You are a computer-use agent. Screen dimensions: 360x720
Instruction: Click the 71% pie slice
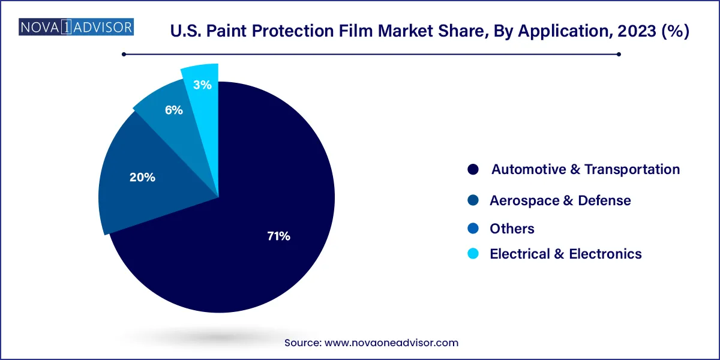(240, 240)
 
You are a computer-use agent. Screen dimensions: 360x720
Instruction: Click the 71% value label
(278, 236)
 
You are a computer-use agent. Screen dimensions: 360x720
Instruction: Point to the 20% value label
(142, 177)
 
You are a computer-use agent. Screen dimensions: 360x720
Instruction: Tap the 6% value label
(174, 110)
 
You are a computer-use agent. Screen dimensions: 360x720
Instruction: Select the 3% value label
(202, 85)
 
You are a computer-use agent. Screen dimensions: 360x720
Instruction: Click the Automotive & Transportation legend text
(586, 169)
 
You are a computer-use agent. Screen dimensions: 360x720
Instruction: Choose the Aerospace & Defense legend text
(560, 200)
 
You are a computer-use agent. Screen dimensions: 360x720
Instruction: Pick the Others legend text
(512, 229)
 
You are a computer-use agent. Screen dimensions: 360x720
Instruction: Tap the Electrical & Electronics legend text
(566, 254)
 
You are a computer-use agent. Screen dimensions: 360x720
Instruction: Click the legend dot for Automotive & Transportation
(473, 170)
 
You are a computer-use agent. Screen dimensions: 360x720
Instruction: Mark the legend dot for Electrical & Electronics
(473, 254)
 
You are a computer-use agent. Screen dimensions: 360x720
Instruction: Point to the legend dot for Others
(473, 229)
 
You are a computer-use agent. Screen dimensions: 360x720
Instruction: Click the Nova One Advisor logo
(76, 27)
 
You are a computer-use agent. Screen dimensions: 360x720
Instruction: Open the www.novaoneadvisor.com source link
(391, 343)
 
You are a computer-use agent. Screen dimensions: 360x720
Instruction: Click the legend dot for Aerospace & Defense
(473, 200)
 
